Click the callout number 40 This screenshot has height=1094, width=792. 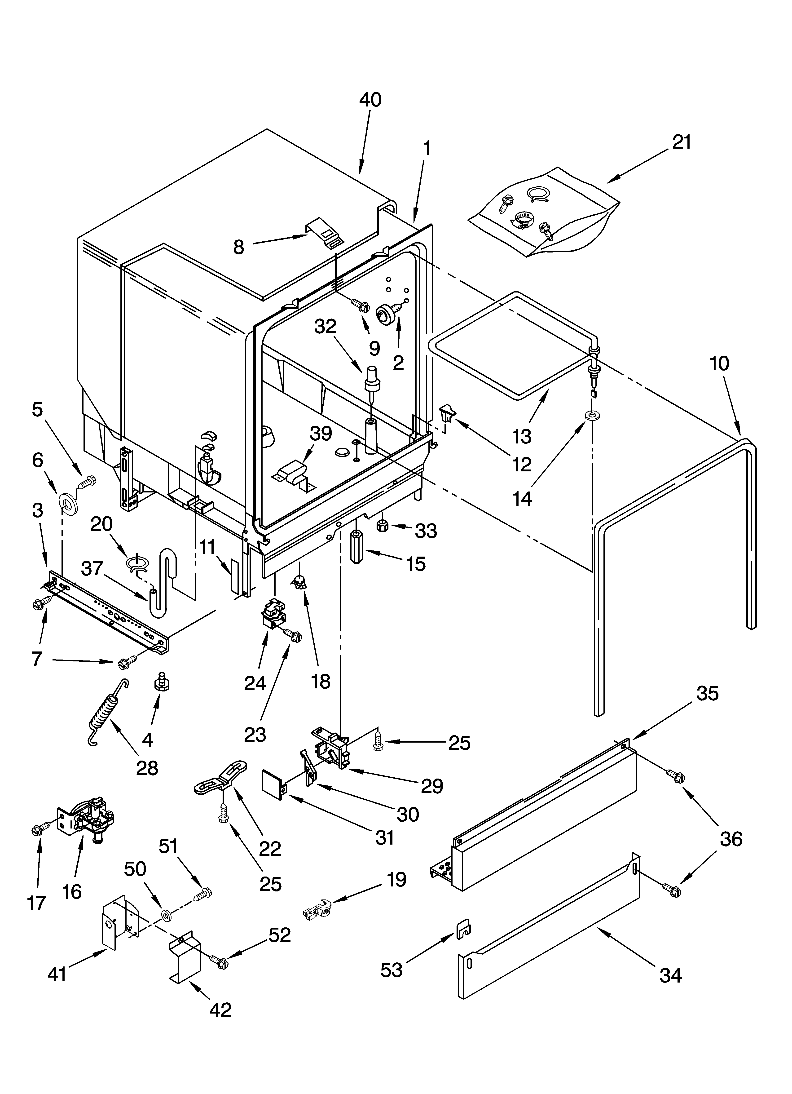click(370, 100)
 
